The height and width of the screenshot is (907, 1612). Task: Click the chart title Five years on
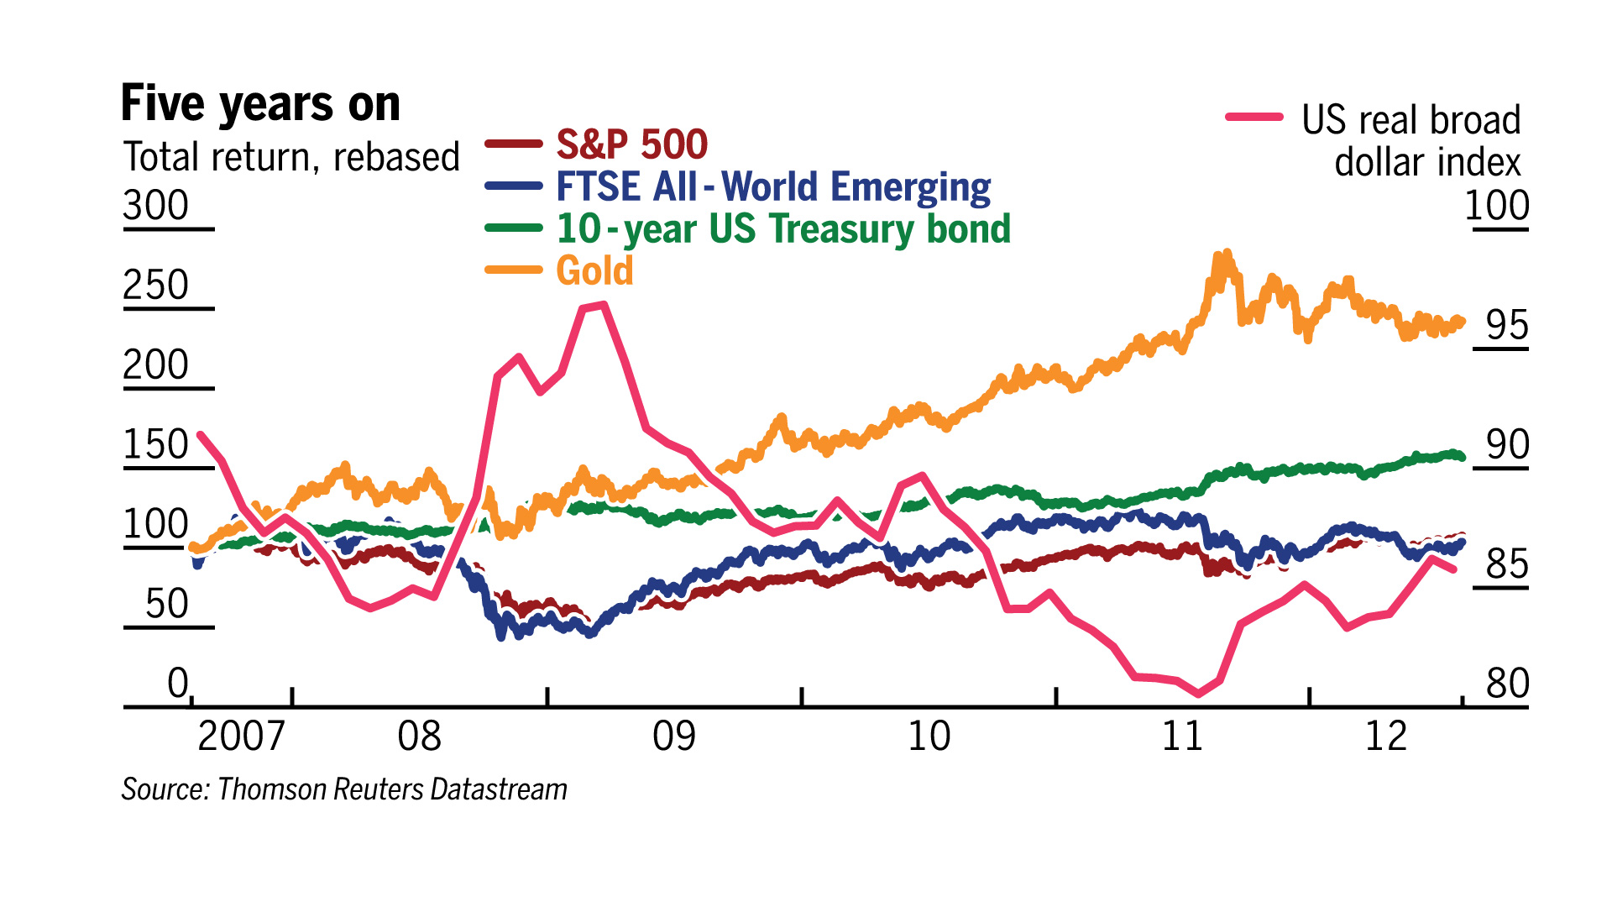[260, 103]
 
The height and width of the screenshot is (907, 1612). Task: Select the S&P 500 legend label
[631, 144]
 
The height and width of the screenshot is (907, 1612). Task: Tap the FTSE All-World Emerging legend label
[772, 186]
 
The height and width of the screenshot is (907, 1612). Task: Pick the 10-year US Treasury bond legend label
[783, 228]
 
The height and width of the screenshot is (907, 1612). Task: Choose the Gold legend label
[594, 270]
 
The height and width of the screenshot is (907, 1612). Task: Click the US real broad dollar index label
[1410, 141]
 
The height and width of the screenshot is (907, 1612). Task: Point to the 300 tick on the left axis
[156, 206]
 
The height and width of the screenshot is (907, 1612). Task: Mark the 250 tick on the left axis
[156, 286]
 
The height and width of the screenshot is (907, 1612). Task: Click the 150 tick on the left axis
[156, 445]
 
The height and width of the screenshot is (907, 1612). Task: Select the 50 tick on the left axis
[167, 604]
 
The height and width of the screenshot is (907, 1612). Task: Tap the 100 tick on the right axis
[1497, 206]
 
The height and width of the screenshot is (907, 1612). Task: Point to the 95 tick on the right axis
[1507, 325]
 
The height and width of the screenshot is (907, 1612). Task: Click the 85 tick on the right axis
[1507, 564]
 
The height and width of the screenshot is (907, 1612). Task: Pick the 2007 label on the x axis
[241, 737]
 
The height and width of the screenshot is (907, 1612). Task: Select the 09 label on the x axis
[674, 737]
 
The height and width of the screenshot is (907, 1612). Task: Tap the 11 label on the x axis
[1182, 737]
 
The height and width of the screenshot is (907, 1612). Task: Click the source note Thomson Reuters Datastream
[344, 789]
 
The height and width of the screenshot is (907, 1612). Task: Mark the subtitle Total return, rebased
[291, 157]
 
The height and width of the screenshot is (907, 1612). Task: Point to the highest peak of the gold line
[1227, 253]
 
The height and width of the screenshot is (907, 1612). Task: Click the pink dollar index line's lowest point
[1198, 694]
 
